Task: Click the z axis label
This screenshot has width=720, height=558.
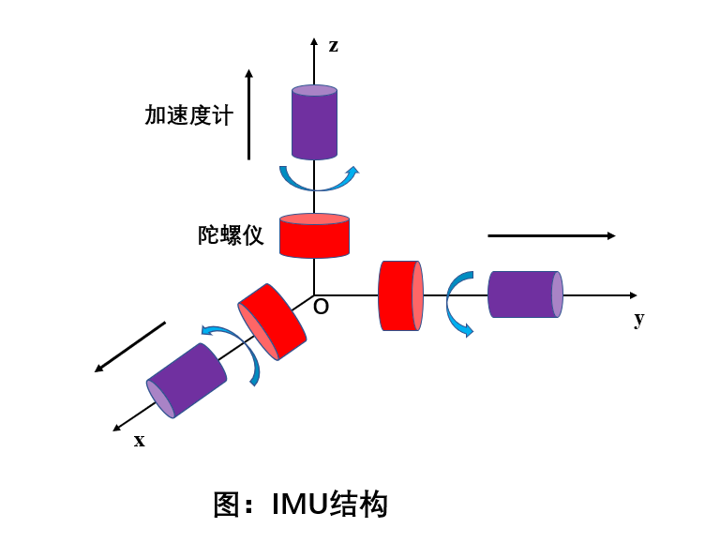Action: click(x=334, y=45)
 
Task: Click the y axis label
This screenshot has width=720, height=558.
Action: click(x=639, y=318)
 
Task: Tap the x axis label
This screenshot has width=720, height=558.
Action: click(x=140, y=440)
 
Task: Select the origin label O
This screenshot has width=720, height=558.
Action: click(x=321, y=307)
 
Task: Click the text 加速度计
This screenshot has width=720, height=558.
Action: click(x=188, y=115)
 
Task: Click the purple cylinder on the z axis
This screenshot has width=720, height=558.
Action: click(x=314, y=123)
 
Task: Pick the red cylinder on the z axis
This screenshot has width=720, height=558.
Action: click(x=314, y=235)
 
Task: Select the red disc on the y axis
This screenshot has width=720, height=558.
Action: click(x=400, y=295)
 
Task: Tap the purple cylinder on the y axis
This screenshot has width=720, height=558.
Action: click(x=525, y=294)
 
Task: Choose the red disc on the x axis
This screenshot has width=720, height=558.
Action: click(x=273, y=322)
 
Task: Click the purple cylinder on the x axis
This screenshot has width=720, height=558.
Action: click(x=187, y=380)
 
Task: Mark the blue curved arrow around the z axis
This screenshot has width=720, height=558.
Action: click(x=319, y=179)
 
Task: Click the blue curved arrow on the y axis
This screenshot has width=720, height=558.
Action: click(x=457, y=303)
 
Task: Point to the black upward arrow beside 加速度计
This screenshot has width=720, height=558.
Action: click(x=249, y=114)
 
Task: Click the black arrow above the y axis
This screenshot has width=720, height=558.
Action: click(x=551, y=235)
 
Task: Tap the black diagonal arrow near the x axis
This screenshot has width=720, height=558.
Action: click(x=130, y=346)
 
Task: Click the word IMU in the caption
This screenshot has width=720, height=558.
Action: click(x=301, y=505)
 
